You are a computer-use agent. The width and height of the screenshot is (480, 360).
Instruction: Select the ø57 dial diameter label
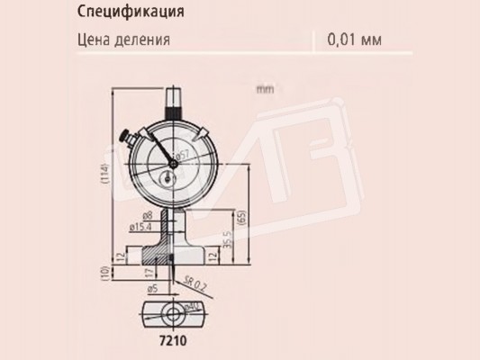181,155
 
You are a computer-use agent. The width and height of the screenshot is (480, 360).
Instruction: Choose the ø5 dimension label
154,289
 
